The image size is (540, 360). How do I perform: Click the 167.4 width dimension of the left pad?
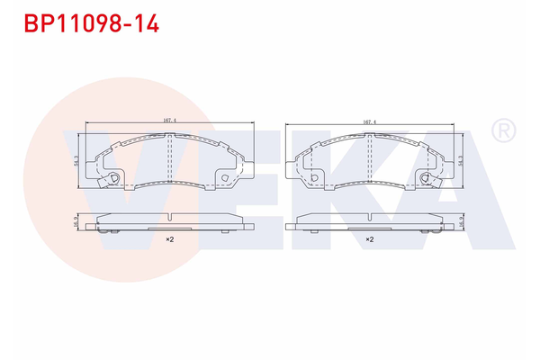coord(167,120)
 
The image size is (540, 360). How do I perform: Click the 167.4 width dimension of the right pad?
coord(369,120)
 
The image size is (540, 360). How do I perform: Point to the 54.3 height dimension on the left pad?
coord(76,159)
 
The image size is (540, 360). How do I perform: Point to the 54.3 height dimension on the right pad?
coord(462,159)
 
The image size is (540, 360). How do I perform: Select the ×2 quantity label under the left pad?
coord(168,240)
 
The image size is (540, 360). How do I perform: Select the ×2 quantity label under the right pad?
coord(369,240)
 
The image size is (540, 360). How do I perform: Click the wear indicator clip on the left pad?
coord(114,179)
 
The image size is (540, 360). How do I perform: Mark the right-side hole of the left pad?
coord(223,177)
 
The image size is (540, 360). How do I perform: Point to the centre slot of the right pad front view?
coord(369,159)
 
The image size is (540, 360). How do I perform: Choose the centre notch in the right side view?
coord(369,217)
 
